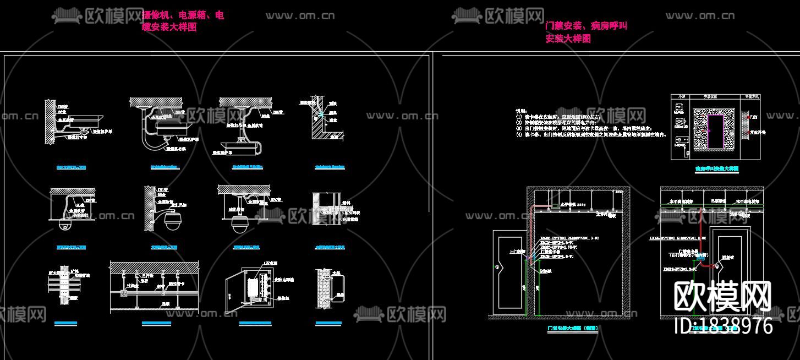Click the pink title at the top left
click(x=183, y=21)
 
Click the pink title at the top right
click(x=585, y=32)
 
